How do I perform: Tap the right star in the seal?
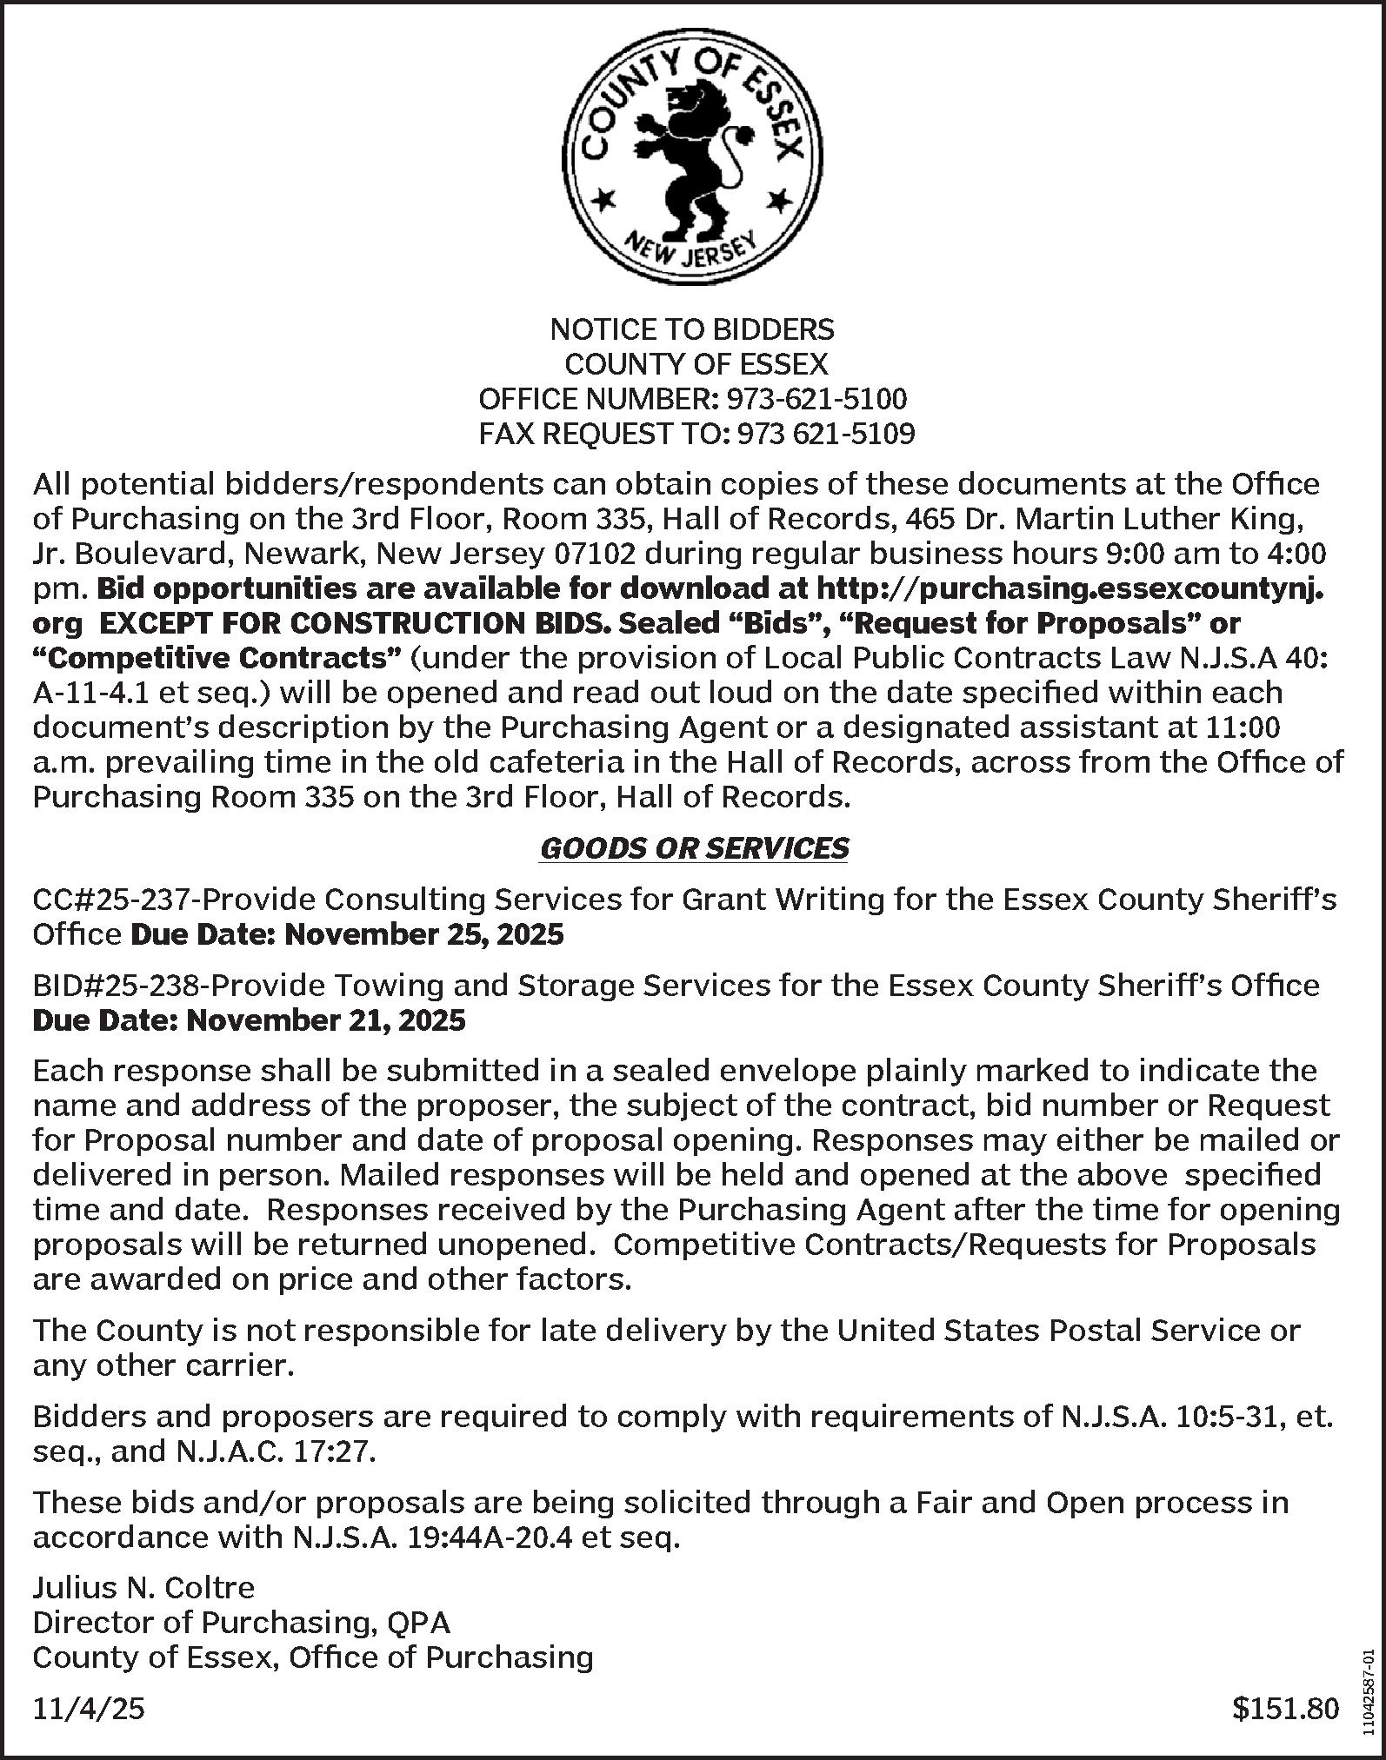click(778, 201)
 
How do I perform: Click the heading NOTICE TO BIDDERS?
click(692, 329)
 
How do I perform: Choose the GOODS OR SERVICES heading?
click(694, 848)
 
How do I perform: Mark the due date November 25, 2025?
click(423, 934)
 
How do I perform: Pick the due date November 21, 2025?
click(326, 1020)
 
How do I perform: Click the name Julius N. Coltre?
click(143, 1588)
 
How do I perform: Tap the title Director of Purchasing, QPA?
click(242, 1623)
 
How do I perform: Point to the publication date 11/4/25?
click(89, 1710)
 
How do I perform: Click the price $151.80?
click(1285, 1710)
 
